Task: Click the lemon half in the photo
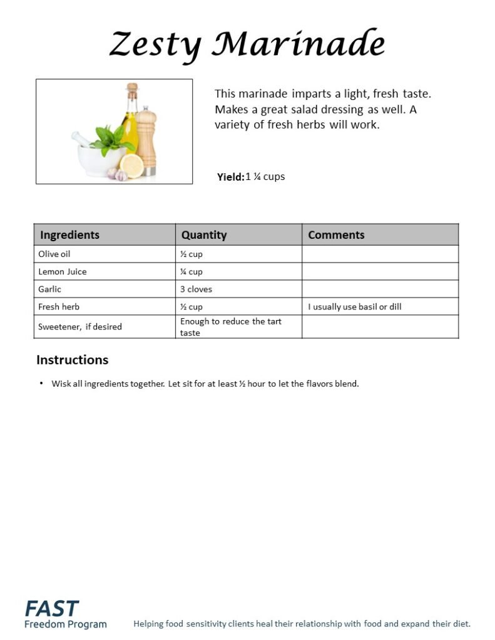pos(132,165)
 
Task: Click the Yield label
pos(230,177)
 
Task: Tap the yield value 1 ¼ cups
pos(265,176)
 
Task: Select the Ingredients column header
pos(69,235)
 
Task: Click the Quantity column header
pos(204,235)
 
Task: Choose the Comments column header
pos(336,235)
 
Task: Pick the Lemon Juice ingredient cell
pos(63,272)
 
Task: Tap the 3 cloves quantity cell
pos(196,289)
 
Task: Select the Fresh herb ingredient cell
pos(59,307)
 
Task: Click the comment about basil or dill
pos(354,307)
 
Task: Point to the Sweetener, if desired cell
pos(80,326)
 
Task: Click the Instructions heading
pos(72,360)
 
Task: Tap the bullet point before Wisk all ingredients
pos(41,383)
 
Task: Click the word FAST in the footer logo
pos(52,608)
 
